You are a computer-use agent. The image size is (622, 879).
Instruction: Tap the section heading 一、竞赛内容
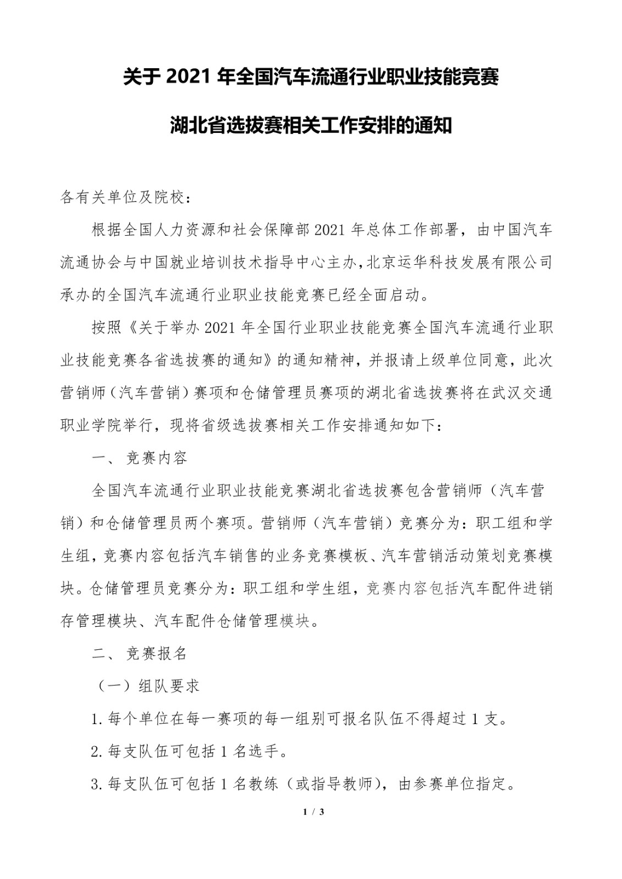[140, 458]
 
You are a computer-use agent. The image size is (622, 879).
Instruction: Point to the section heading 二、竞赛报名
[140, 653]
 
